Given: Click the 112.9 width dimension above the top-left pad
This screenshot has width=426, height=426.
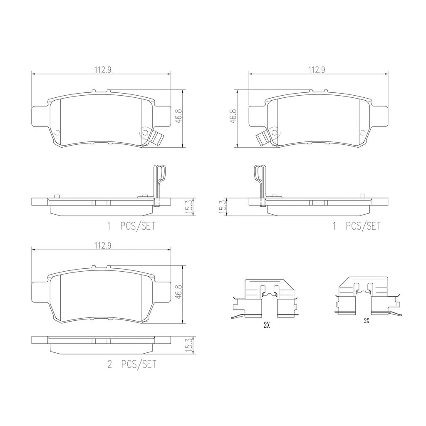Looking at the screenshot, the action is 103,70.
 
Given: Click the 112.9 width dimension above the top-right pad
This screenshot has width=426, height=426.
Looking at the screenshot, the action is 317,70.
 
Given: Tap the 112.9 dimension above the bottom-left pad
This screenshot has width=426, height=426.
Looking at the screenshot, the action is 103,246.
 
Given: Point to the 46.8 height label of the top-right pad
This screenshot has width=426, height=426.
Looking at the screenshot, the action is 233,116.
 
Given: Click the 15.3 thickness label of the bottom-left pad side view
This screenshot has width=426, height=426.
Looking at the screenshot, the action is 189,345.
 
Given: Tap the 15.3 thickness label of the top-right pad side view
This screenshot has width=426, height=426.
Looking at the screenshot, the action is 223,207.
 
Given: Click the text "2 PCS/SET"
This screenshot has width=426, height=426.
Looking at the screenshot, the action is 132,364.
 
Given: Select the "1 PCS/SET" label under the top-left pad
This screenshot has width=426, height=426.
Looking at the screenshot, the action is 131,226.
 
